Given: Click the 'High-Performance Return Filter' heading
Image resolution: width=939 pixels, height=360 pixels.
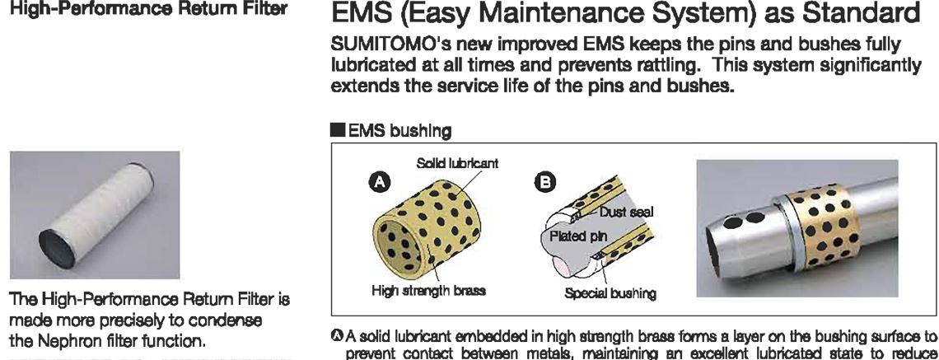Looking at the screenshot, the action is pyautogui.click(x=147, y=10).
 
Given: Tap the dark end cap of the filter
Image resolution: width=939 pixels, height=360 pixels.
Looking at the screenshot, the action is pyautogui.click(x=57, y=249).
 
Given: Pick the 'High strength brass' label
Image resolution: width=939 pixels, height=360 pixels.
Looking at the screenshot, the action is pyautogui.click(x=428, y=292).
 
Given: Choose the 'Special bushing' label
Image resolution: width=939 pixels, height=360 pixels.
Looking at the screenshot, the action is pyautogui.click(x=611, y=293).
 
